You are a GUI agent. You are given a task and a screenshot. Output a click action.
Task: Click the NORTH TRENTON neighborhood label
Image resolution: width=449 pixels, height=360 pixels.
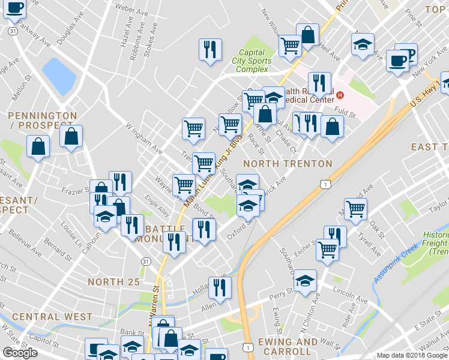pos(288,164)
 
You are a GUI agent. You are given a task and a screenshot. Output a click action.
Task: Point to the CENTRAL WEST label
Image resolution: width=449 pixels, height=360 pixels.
pos(52,317)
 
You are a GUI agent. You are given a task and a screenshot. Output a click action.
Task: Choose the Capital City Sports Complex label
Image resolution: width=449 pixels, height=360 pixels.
pos(252,61)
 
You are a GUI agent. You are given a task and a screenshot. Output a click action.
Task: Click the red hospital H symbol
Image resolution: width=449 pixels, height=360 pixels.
pos(340,95)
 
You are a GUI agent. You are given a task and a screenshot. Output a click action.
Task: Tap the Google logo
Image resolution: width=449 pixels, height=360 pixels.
pos(19,353)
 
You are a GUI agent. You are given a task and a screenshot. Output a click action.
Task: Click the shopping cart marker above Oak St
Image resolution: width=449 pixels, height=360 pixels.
pos(357,208)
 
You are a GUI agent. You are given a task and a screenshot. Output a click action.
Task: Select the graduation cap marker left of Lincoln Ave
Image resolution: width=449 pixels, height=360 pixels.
pos(305,280)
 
